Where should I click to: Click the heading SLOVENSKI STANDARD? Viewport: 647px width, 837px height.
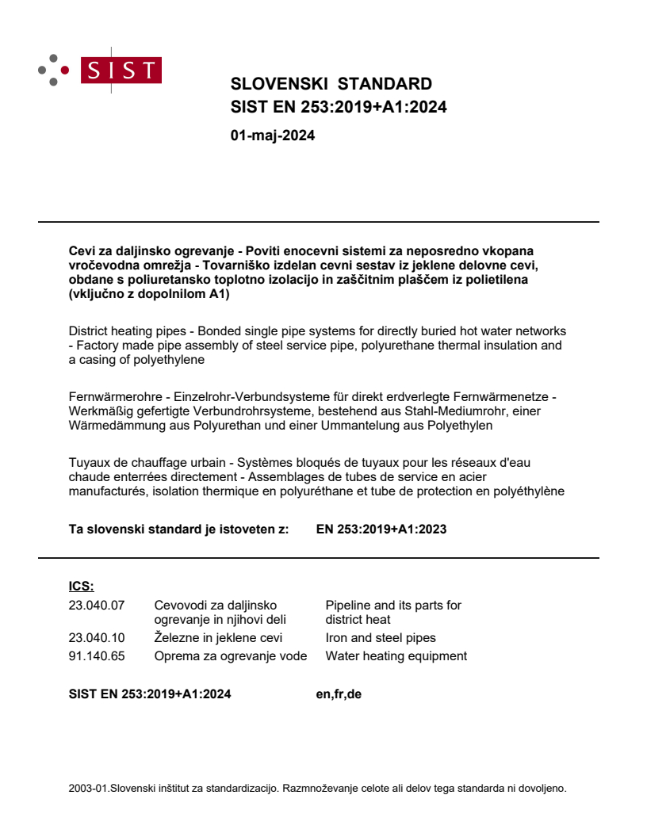[331, 84]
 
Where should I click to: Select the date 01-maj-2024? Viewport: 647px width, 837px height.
[272, 136]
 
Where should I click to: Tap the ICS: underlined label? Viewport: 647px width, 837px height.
[81, 587]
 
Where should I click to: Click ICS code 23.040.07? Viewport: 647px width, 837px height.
[97, 606]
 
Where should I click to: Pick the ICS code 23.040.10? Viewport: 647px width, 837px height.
[97, 637]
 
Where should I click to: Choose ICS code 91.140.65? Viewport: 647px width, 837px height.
[97, 655]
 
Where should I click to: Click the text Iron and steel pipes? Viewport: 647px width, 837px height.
[381, 637]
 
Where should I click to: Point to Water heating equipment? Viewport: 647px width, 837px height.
[396, 655]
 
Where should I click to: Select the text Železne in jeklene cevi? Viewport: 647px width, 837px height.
[218, 637]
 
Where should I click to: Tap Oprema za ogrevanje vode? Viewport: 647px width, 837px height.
[230, 655]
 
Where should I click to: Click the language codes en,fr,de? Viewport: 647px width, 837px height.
[339, 695]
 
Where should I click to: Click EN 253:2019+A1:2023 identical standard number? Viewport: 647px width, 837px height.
[381, 529]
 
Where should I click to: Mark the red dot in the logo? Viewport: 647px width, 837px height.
[65, 70]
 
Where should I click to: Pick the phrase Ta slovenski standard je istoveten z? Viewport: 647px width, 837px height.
[178, 529]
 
